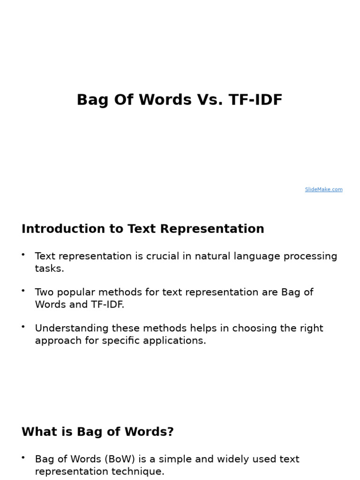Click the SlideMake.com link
tap(323, 189)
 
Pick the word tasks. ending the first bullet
tap(49, 269)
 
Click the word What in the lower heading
tap(37, 432)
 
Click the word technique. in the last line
tap(141, 472)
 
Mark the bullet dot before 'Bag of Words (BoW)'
tap(23, 457)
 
